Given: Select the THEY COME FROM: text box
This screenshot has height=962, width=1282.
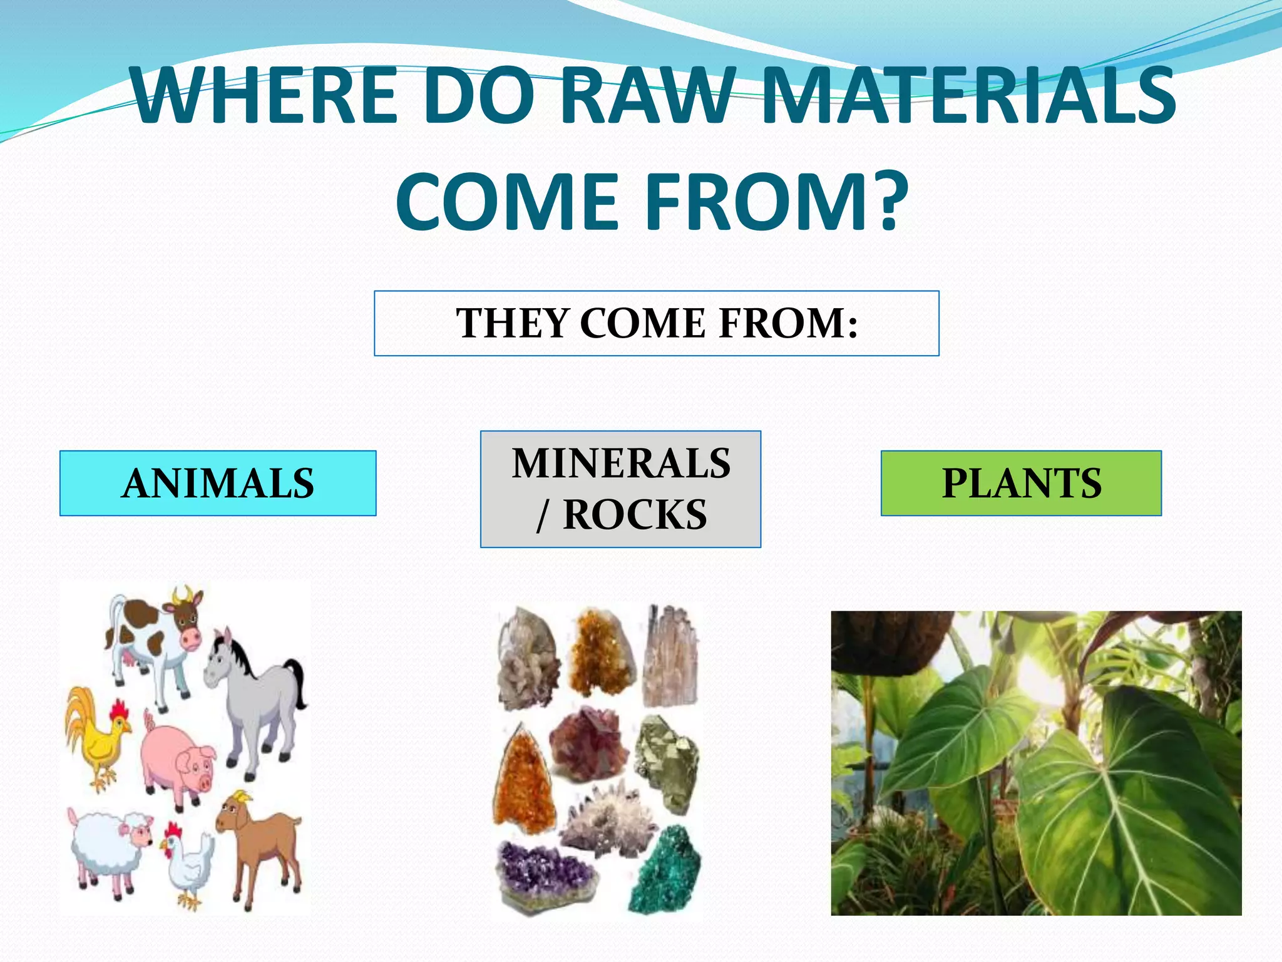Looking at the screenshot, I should [656, 323].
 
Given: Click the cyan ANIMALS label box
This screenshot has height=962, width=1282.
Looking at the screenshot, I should [218, 483].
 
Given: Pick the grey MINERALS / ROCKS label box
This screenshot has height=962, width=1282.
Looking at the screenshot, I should [620, 489].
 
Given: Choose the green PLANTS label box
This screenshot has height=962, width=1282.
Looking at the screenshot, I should [1021, 483].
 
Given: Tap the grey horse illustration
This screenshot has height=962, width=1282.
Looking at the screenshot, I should [250, 695].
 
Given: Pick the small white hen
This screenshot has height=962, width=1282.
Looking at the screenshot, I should [188, 864].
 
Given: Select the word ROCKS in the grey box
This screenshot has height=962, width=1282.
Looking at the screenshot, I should [635, 515].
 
